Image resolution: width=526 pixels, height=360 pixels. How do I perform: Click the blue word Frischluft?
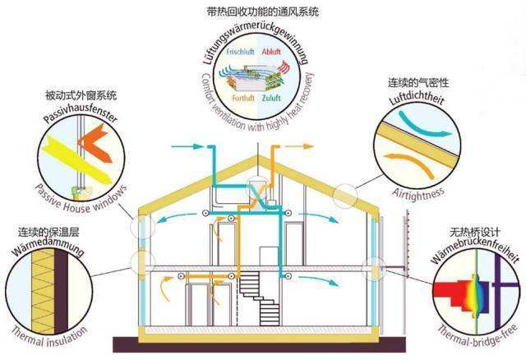click(x=240, y=52)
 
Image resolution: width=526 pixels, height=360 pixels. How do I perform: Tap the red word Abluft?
click(x=271, y=52)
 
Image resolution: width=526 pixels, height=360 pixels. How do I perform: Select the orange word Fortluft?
click(x=243, y=99)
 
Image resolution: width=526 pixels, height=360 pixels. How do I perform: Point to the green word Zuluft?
click(x=271, y=99)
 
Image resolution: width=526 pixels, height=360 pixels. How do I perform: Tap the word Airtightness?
click(x=418, y=194)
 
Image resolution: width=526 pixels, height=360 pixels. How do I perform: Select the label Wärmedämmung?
click(x=48, y=249)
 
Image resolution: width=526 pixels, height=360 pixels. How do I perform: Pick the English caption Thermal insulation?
click(x=49, y=337)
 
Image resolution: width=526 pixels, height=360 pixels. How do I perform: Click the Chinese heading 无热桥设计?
click(x=475, y=232)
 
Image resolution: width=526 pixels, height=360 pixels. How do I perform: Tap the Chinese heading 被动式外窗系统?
click(x=81, y=95)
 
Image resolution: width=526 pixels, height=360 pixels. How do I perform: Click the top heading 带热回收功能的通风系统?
click(x=263, y=12)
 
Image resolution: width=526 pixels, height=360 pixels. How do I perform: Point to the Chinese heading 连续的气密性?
click(x=418, y=82)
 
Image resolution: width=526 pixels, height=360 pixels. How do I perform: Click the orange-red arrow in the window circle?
click(x=95, y=142)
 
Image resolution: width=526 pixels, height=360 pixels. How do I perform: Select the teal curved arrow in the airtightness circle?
click(x=423, y=126)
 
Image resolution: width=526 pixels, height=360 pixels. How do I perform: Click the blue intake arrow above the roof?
click(x=187, y=146)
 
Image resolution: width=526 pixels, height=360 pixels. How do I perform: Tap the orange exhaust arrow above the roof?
click(x=298, y=146)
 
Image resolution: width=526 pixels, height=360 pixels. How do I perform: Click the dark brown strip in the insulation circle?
click(x=61, y=291)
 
